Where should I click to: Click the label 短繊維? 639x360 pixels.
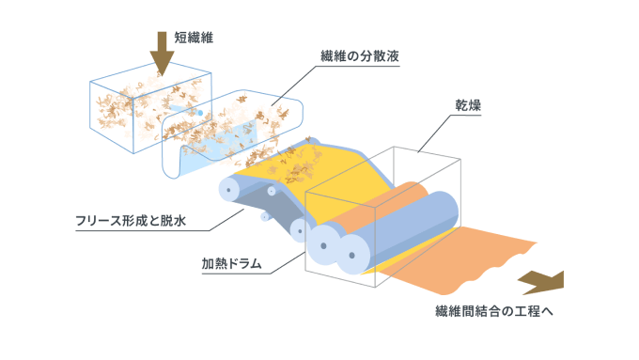(x=194, y=38)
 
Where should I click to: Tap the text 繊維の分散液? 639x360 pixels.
(x=359, y=55)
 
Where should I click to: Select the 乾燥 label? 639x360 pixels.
(x=468, y=105)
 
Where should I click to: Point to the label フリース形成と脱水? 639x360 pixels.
(x=131, y=221)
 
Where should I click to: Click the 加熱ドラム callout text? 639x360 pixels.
(x=231, y=263)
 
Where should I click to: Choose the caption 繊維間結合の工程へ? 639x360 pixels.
(x=494, y=311)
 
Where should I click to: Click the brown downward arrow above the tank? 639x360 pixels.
(x=162, y=54)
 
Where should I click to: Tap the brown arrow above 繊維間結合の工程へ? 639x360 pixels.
(x=541, y=283)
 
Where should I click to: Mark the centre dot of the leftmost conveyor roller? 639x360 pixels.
(x=228, y=190)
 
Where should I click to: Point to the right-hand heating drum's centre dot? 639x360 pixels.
(x=352, y=256)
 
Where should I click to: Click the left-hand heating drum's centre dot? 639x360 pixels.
(x=323, y=246)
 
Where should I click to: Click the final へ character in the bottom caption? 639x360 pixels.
(x=547, y=311)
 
